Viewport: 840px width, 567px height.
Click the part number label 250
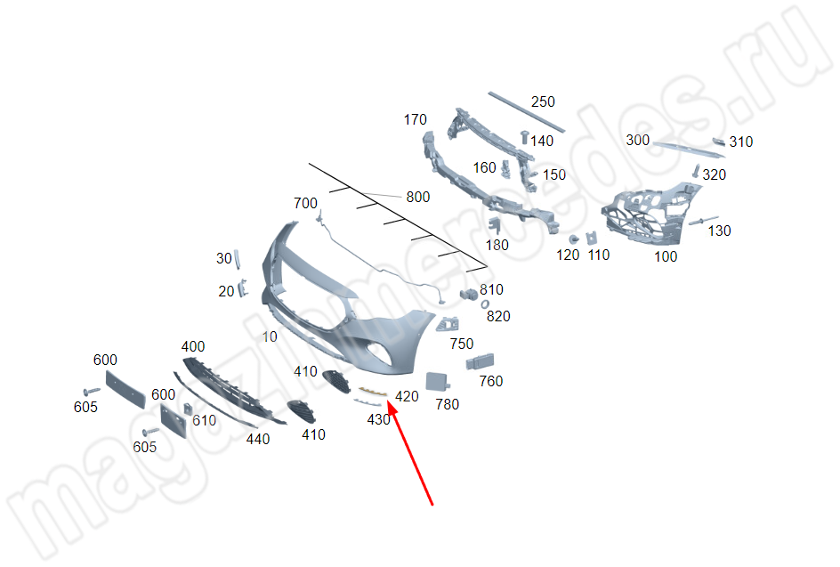543,101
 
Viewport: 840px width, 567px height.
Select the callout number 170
416,119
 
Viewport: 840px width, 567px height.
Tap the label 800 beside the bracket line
418,198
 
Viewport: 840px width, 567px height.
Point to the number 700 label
305,204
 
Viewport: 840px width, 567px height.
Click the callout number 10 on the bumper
270,336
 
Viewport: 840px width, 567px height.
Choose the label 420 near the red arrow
407,397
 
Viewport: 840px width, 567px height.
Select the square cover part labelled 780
438,382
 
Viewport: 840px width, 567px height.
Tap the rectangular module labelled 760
480,361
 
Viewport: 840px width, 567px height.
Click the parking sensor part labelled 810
469,295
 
